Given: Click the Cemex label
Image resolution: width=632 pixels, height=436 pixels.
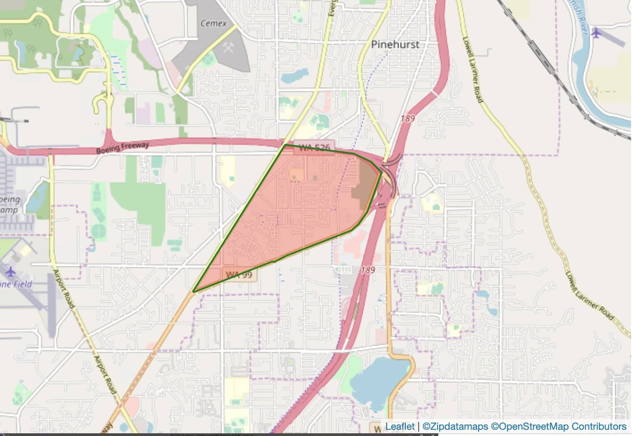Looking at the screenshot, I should (x=214, y=24).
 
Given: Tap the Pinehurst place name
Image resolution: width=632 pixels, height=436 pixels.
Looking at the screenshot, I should (x=395, y=44).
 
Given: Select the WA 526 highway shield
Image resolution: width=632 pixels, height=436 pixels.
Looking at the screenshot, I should (x=314, y=148).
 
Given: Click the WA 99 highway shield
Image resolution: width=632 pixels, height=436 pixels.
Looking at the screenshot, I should (x=239, y=275).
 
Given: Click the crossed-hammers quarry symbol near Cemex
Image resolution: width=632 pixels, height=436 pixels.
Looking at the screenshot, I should (x=228, y=48).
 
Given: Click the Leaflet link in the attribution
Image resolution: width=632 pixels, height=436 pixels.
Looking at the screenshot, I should (x=400, y=427).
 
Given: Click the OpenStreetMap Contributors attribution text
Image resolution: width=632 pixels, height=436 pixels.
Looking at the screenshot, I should (x=559, y=427).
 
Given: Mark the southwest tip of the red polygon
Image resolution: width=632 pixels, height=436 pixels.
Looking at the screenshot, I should (x=194, y=292).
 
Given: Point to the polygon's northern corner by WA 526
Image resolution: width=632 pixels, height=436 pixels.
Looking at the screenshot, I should (x=285, y=145).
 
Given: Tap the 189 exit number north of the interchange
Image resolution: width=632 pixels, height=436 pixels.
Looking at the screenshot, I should (x=408, y=119).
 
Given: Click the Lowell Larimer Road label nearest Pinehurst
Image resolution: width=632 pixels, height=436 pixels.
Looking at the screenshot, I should (x=473, y=69).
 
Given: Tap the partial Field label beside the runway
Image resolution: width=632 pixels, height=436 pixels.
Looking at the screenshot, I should (x=17, y=284).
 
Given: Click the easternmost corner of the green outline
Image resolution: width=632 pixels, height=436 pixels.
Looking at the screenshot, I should (x=382, y=171).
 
